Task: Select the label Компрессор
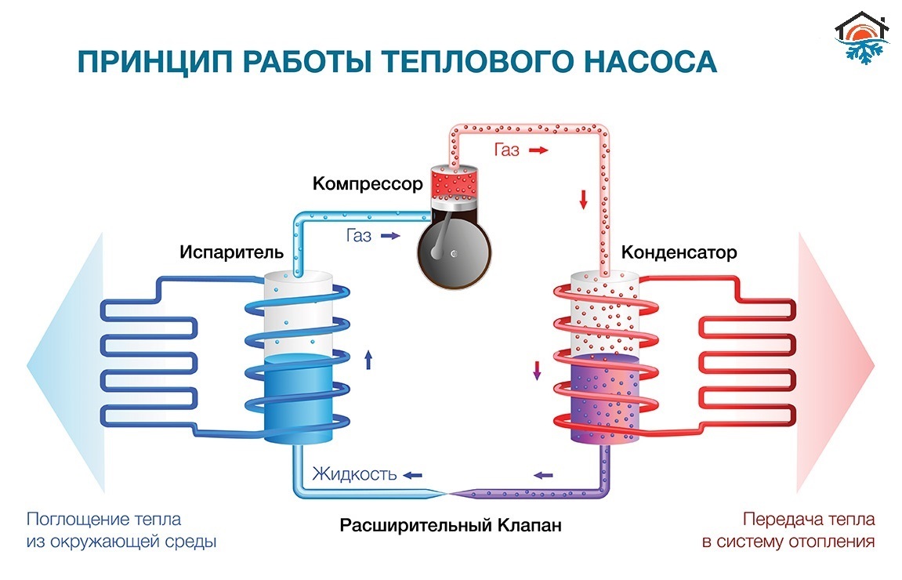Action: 368,184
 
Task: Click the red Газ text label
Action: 506,150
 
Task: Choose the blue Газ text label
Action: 358,235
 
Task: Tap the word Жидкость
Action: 354,474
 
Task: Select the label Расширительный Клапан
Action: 451,524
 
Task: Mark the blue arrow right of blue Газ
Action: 389,235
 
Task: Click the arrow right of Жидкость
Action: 412,475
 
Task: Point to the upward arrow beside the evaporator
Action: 368,360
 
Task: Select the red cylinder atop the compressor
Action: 455,183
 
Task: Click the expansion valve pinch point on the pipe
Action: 448,493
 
